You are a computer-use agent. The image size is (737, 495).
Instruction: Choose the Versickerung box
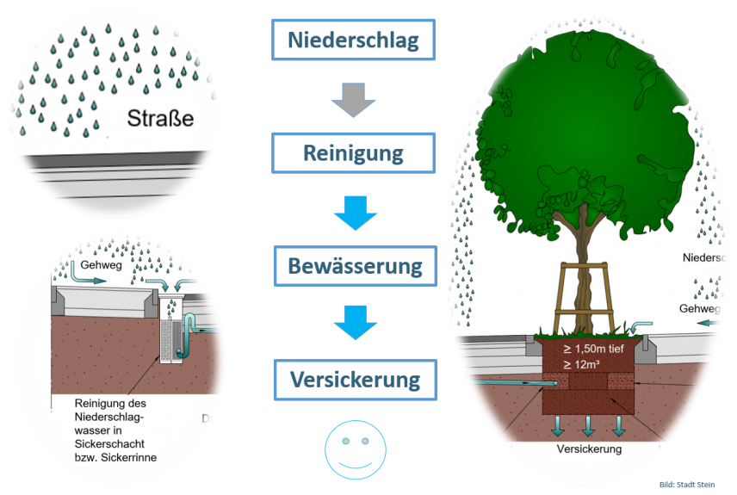click(355, 379)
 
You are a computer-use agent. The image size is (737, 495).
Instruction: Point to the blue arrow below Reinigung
click(355, 212)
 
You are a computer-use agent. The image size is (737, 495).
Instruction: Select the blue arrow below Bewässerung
click(355, 322)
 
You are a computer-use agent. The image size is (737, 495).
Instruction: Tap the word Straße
click(160, 117)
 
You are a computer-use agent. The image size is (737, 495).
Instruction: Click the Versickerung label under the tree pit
click(589, 449)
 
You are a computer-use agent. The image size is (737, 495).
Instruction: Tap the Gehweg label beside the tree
click(698, 308)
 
